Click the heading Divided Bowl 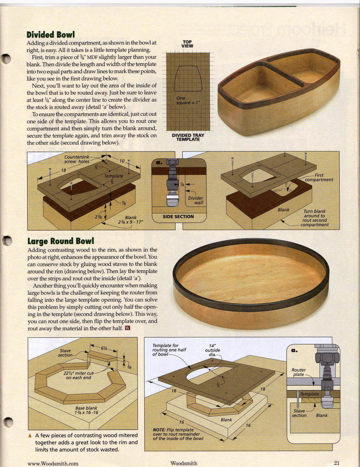point(51,34)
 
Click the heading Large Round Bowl point(60,241)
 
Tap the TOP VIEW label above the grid point(187,44)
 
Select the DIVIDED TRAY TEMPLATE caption point(188,137)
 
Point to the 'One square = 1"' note point(188,100)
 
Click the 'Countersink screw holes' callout point(77,159)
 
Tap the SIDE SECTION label point(178,217)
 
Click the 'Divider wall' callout point(196,200)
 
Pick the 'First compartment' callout point(319,177)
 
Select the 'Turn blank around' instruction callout point(315,218)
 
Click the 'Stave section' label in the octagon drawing point(65,353)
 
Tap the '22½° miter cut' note point(79,375)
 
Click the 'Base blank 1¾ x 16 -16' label point(86,410)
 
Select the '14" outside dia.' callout point(212,350)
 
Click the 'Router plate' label point(299,372)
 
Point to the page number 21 point(337,463)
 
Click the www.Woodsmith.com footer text point(53,464)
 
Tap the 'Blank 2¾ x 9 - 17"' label point(131,220)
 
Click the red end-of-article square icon point(127,328)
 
